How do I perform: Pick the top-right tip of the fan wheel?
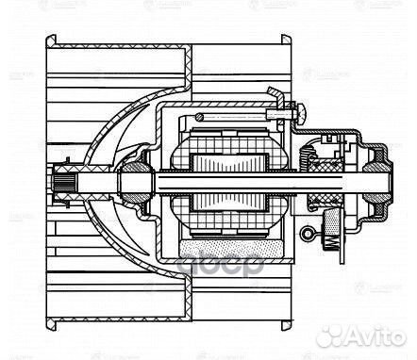[287, 39]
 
